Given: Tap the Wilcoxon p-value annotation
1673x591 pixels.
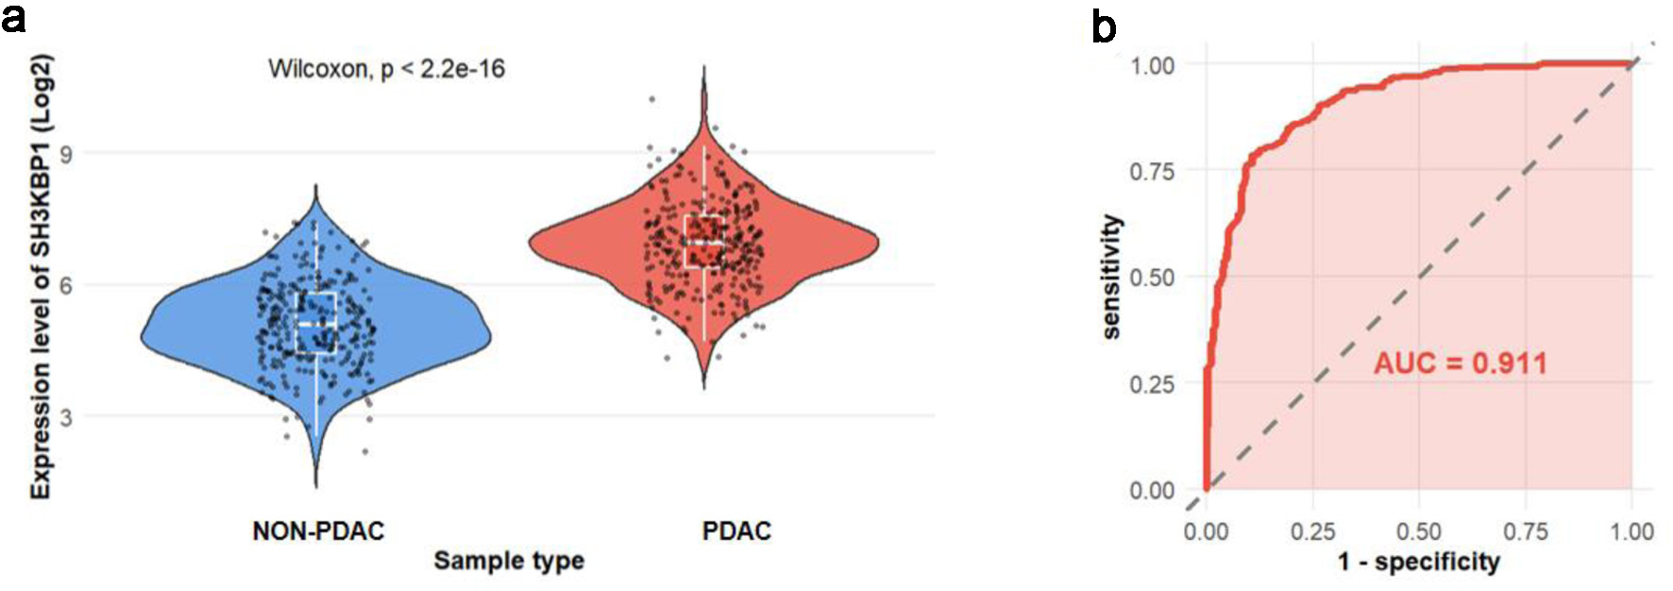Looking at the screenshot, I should click(386, 69).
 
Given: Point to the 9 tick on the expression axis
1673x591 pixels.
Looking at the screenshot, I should click(65, 154).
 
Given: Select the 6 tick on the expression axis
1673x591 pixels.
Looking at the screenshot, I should click(65, 285).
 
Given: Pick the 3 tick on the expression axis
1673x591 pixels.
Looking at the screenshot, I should click(65, 416).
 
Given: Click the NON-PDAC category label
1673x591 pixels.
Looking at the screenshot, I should click(318, 532).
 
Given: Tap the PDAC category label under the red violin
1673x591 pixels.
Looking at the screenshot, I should click(736, 532).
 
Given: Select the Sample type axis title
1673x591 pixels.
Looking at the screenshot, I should click(509, 561).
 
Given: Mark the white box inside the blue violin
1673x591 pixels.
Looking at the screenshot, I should click(316, 323).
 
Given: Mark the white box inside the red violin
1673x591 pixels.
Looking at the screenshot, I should click(704, 242).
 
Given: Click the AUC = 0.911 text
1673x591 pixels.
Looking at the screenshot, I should click(1460, 363).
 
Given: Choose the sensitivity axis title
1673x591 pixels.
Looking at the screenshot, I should click(1112, 277).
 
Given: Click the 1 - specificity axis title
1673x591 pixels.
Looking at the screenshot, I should click(1418, 563).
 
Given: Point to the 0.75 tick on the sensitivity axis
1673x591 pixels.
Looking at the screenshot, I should click(1152, 172).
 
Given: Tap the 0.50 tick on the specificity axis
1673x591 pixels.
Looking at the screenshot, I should click(1418, 532).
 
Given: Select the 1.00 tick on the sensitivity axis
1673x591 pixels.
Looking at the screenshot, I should click(1152, 65).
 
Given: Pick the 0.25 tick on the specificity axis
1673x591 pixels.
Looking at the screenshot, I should click(1312, 532).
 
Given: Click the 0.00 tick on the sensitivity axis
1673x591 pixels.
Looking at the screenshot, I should click(1152, 491).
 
